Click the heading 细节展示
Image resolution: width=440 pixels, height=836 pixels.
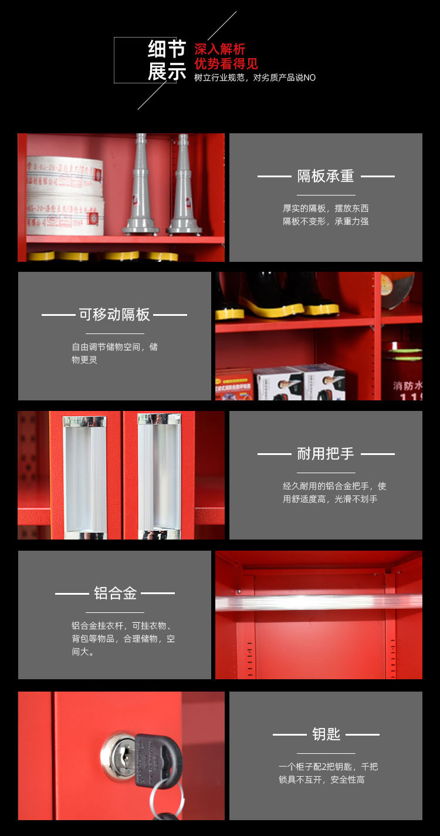tap(167, 60)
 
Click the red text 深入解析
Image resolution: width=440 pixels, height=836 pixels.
tap(220, 49)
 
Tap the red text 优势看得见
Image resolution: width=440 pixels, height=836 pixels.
tap(226, 64)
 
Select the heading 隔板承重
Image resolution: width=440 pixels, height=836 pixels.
tap(326, 176)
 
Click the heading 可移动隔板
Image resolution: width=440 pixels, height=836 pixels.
tap(114, 315)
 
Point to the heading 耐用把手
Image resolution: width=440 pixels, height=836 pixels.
tap(326, 454)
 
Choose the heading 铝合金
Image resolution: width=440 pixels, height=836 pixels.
tap(115, 593)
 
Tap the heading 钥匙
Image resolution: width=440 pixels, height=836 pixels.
tap(326, 734)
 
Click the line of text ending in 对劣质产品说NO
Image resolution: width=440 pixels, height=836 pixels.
tap(255, 77)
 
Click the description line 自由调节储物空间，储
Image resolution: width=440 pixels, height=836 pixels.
tap(114, 347)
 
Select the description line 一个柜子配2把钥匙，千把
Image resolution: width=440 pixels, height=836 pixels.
tap(328, 767)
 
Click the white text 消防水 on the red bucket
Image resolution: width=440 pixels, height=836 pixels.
tap(407, 386)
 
